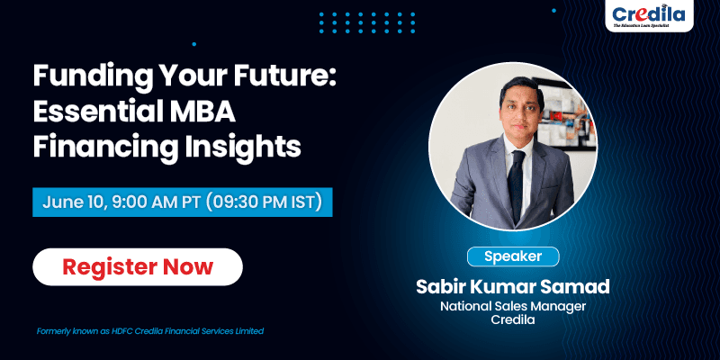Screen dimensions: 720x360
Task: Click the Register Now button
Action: pos(138,266)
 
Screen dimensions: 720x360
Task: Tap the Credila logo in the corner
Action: pos(648,15)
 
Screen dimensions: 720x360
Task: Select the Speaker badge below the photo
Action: pos(513,256)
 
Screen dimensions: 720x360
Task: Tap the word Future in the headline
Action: pos(284,76)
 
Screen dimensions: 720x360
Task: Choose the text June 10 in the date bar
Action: pos(75,202)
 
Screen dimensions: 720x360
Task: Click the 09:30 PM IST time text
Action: pos(264,202)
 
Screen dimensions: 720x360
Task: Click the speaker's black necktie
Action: pos(517,185)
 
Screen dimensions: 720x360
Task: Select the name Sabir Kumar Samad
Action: pos(513,286)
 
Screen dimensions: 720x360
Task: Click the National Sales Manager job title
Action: pos(513,306)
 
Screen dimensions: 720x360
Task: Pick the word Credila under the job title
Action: pos(513,320)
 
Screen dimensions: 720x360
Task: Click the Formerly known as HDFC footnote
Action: pos(150,330)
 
